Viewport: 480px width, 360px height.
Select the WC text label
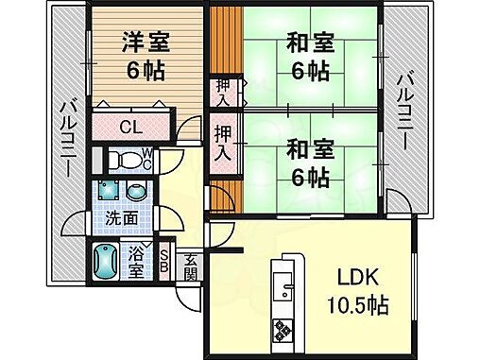coord(146,159)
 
